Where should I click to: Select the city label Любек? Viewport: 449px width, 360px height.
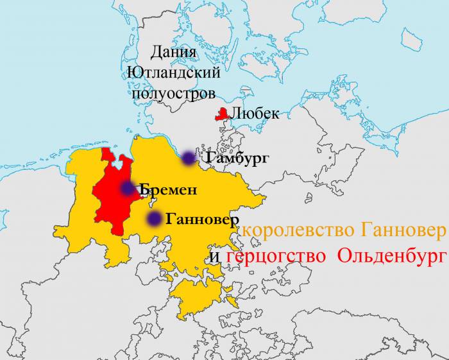[255, 114]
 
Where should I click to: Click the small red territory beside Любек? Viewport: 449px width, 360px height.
[222, 115]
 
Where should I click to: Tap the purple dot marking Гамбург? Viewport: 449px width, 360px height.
[187, 158]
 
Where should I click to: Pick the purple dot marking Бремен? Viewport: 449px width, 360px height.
[127, 189]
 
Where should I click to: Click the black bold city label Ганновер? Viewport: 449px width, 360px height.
[207, 219]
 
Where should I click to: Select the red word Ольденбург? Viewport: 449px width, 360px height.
[390, 257]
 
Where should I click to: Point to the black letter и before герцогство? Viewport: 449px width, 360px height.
[216, 258]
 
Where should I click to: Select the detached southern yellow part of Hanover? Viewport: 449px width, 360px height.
[196, 295]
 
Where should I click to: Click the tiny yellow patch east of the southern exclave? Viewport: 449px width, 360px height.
[230, 295]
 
